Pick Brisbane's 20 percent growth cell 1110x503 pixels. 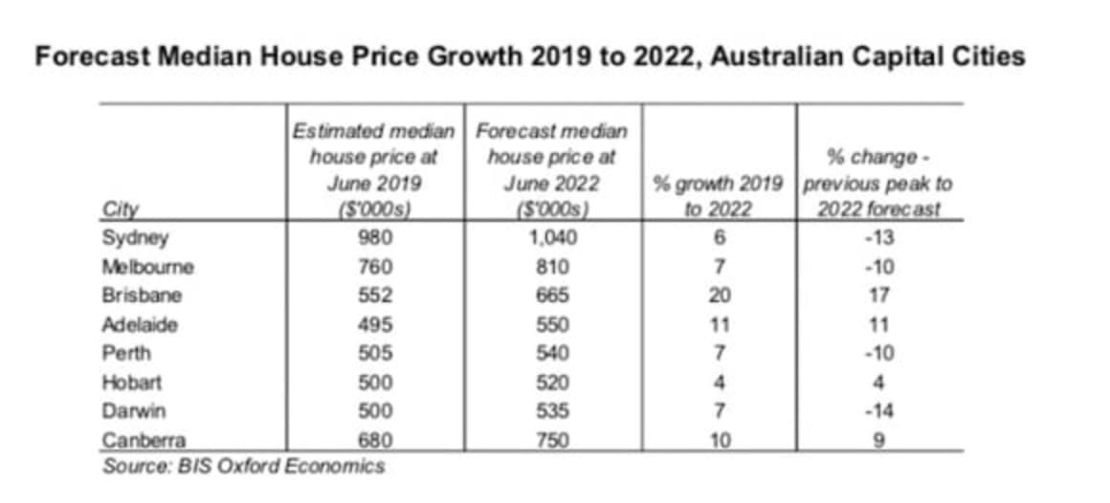pos(720,295)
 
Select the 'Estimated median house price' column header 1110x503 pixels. pos(374,170)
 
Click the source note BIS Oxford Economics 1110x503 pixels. pos(243,467)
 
